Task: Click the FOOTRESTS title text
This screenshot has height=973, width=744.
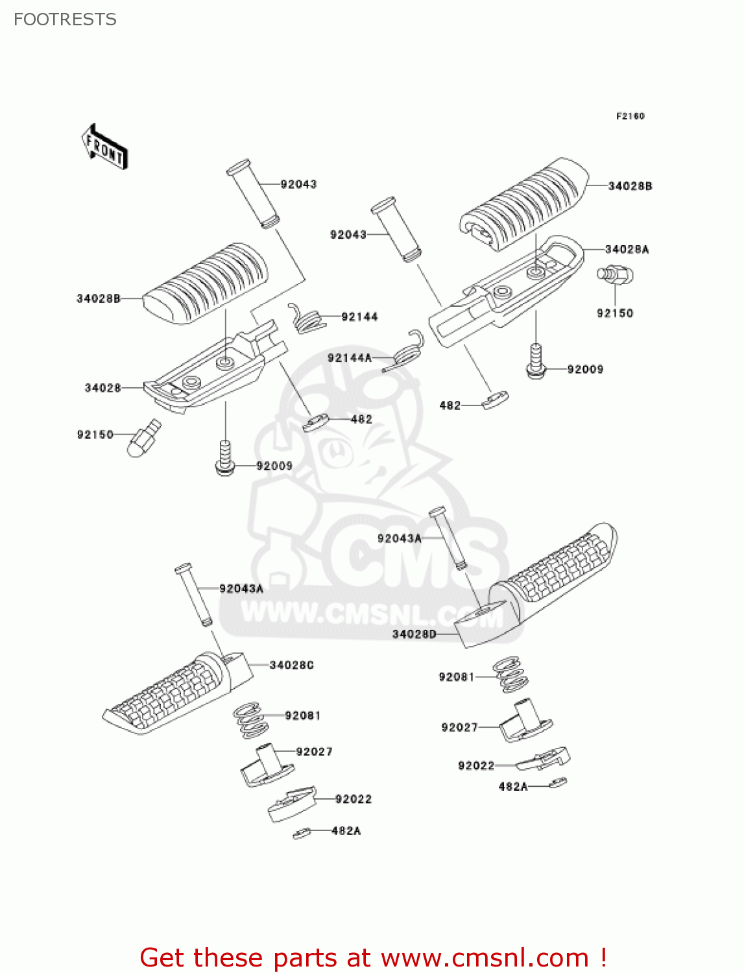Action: [x=65, y=19]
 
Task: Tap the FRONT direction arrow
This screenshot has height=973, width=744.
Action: [x=104, y=147]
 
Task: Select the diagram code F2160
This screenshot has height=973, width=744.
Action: [x=630, y=116]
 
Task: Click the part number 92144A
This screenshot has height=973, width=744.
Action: [x=350, y=357]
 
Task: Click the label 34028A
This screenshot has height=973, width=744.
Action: [x=627, y=249]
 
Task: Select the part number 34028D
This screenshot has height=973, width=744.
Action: [x=414, y=634]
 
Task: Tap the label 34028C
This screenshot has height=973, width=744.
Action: [x=291, y=665]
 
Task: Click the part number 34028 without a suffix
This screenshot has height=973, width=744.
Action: [x=102, y=388]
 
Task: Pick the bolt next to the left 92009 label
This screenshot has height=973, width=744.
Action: [x=225, y=458]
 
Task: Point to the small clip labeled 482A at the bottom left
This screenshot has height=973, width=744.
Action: [x=302, y=834]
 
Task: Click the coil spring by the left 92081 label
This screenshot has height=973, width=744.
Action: [x=250, y=720]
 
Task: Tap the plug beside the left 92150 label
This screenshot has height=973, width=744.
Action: [x=145, y=439]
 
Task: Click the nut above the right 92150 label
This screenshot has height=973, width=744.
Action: [x=614, y=275]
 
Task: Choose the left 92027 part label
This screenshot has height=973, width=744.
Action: [x=314, y=751]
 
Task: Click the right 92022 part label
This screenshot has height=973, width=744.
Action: [x=476, y=765]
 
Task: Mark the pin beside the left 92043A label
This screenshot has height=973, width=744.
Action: [x=193, y=594]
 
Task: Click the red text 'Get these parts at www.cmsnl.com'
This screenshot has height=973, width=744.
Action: [x=373, y=957]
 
